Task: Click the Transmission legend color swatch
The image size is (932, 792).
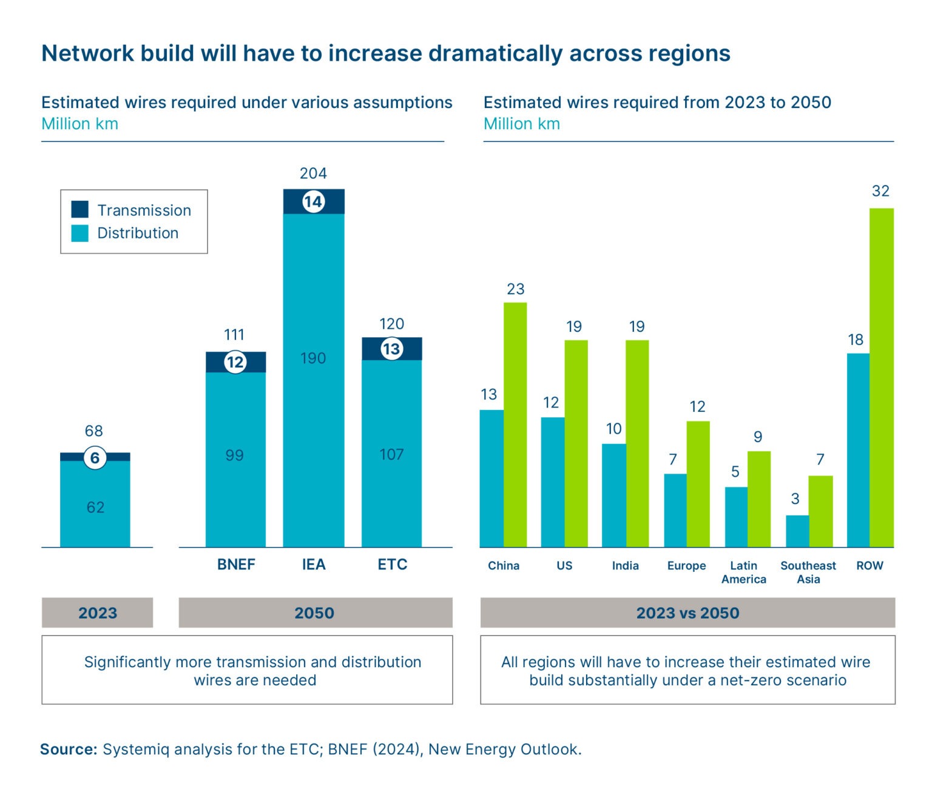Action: pos(79,209)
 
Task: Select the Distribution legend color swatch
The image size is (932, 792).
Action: pos(79,233)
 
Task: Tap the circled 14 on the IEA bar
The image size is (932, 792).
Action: pos(313,202)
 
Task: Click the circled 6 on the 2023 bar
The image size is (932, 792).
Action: pos(95,458)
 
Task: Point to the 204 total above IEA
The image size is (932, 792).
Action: pos(313,173)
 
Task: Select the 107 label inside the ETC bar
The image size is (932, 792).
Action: pos(391,454)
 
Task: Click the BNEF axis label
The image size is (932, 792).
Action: pos(236,565)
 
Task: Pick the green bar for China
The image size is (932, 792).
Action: pos(515,425)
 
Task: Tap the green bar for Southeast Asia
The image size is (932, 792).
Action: pos(820,511)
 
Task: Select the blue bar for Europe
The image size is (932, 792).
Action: pos(675,510)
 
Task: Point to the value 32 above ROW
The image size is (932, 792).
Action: pos(880,191)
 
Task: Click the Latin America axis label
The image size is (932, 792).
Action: pos(743,572)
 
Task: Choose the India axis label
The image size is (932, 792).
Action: pos(625,565)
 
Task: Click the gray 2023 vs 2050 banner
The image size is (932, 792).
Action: pos(687,612)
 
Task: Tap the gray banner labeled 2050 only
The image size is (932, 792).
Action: pos(315,612)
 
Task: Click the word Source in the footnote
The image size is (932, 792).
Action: pos(69,749)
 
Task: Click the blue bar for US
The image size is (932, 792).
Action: pos(553,482)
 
